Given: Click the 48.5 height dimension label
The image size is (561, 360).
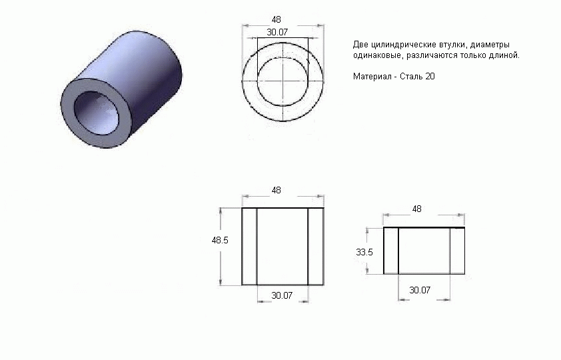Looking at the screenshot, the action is (x=220, y=240).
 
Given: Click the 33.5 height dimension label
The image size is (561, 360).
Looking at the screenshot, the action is (x=364, y=252).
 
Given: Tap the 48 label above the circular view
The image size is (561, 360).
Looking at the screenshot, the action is (x=277, y=20).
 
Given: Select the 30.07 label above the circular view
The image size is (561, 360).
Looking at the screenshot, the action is (x=277, y=32).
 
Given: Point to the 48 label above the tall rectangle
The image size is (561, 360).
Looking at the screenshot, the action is (x=277, y=191).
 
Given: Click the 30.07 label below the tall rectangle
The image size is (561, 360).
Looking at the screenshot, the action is (x=282, y=295).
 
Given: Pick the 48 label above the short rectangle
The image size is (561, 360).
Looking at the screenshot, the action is (x=417, y=209).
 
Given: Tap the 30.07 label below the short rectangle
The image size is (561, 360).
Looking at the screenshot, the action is (x=420, y=290).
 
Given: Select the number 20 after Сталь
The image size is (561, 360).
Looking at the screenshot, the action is (x=430, y=76).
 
